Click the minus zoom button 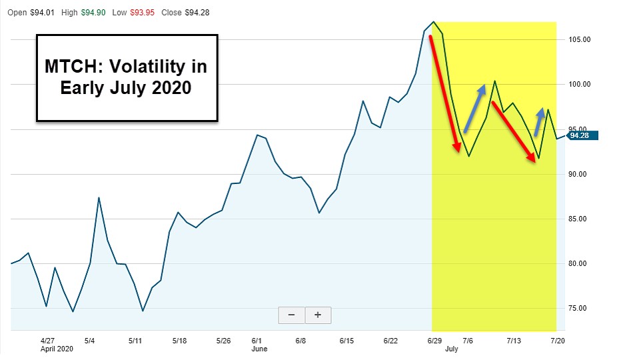[x=291, y=315]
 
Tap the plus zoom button [x=318, y=315]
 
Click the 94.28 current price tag [x=584, y=135]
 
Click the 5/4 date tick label [x=90, y=340]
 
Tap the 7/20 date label [x=556, y=340]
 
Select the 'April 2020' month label [x=57, y=349]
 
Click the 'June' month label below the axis [x=259, y=349]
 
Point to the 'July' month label [x=451, y=349]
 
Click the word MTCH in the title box [x=73, y=67]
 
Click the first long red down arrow [x=445, y=93]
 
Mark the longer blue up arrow [x=474, y=108]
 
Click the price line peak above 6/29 [x=434, y=21]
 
